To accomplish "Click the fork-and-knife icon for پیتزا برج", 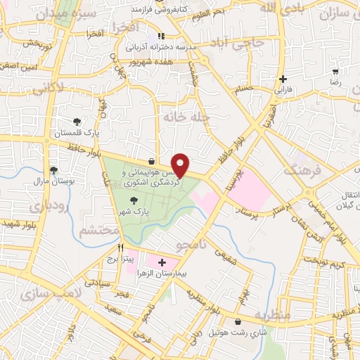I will [121, 247].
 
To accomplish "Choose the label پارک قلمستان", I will [78, 131].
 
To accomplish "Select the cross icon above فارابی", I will [283, 79].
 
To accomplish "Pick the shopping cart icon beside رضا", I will [335, 71].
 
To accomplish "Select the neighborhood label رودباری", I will [47, 206].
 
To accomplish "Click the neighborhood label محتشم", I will [98, 230].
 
